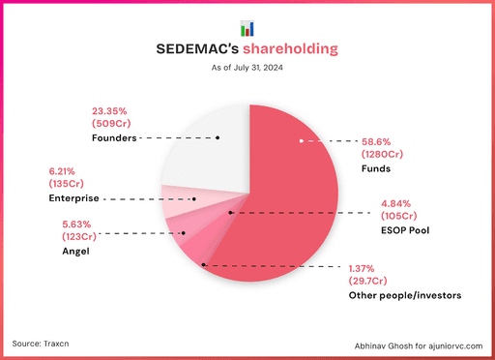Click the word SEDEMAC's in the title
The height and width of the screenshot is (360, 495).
(x=196, y=49)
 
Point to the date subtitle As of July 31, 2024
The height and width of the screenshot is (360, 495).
(x=247, y=68)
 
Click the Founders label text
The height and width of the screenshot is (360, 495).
(x=113, y=137)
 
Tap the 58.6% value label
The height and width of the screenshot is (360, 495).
(x=378, y=140)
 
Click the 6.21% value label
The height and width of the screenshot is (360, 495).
(x=66, y=170)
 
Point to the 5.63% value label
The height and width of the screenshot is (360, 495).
(x=67, y=222)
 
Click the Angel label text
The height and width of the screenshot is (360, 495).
(x=62, y=251)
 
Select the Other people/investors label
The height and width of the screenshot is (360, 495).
(x=403, y=294)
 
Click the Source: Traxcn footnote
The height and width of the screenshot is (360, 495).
(x=46, y=344)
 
